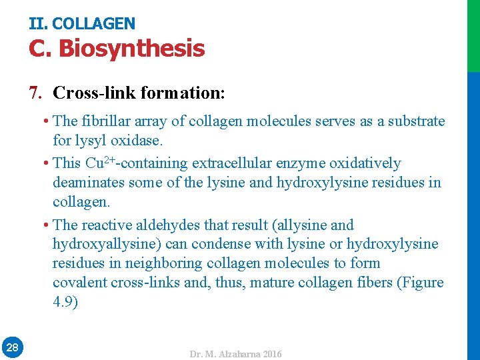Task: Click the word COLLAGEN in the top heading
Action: [x=93, y=24]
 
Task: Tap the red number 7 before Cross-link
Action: [x=35, y=92]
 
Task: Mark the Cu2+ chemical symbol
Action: [x=100, y=163]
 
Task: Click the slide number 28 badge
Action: [x=12, y=347]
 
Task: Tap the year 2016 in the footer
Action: [x=273, y=354]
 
